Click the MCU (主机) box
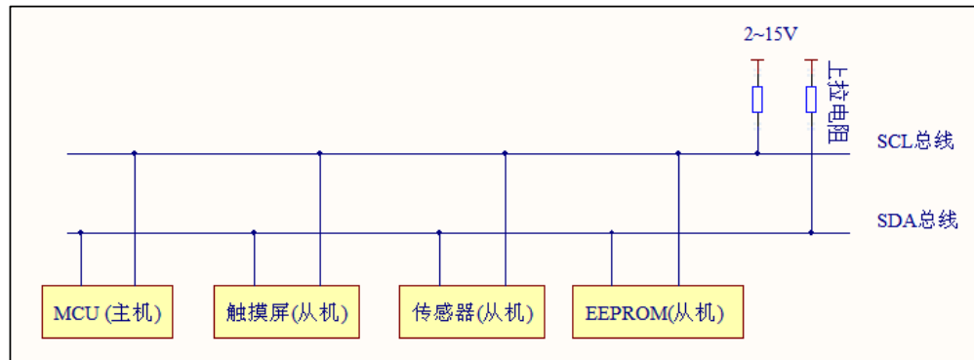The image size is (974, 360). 107,312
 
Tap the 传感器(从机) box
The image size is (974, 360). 472,312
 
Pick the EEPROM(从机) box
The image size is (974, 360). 657,312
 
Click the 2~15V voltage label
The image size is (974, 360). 769,35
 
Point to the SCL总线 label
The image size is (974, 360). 914,142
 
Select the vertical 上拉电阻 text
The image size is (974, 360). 836,102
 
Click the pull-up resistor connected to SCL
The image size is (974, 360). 757,100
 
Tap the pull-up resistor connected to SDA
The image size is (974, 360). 811,100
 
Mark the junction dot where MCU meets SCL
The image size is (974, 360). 135,153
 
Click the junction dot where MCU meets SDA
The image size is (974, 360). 81,232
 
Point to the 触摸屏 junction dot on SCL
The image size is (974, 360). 320,153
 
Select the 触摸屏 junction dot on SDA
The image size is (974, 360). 254,232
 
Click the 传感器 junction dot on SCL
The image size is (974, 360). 505,153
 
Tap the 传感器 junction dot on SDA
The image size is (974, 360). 439,232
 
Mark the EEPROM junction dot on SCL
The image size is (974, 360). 678,153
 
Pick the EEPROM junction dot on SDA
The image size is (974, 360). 612,232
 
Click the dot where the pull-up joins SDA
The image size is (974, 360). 811,232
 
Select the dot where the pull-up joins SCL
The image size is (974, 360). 757,153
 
